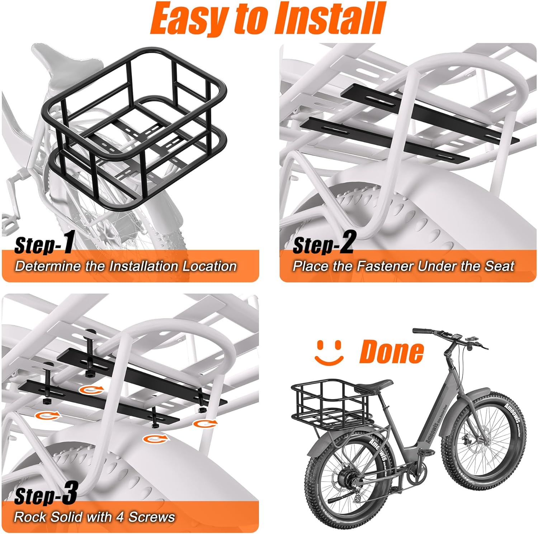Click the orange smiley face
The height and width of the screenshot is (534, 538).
[x=329, y=351]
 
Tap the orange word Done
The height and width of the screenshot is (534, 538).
[x=392, y=351]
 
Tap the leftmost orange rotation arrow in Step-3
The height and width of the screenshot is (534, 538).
[x=46, y=416]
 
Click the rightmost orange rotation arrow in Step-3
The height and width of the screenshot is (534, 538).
[x=205, y=423]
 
